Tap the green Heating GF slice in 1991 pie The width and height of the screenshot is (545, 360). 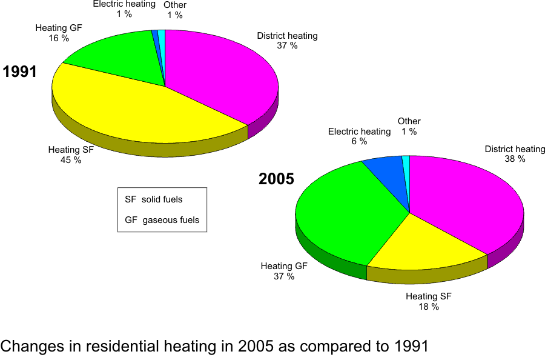point(115,58)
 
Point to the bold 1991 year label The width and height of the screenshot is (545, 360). point(20,72)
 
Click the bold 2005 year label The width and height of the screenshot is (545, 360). point(276,179)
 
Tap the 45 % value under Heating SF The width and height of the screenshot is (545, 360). point(71,161)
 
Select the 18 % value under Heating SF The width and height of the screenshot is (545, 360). point(429,307)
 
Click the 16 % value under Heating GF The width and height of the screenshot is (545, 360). point(59,38)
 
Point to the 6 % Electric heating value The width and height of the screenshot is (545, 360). point(359,141)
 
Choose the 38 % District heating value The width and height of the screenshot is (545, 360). point(515,159)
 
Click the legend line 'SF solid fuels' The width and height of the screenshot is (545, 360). point(154,199)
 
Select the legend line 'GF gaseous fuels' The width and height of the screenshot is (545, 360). point(162,220)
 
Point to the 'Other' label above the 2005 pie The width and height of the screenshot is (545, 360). point(409,121)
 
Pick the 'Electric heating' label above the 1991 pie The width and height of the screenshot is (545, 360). point(124,4)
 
